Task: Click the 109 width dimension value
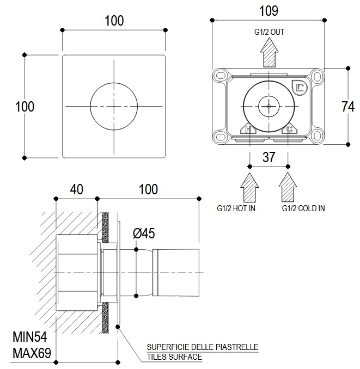tap(269, 10)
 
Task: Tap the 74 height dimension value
tap(348, 107)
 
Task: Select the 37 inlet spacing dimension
tap(269, 157)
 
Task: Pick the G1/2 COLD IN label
tap(303, 208)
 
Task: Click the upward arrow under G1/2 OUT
tap(269, 53)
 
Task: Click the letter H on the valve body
tap(248, 130)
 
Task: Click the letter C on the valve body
tap(290, 130)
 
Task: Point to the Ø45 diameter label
tap(144, 233)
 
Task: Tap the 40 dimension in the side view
tap(76, 189)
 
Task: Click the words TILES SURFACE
tap(174, 357)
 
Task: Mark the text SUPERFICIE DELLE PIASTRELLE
tap(202, 347)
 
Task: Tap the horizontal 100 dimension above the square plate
tap(114, 21)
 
